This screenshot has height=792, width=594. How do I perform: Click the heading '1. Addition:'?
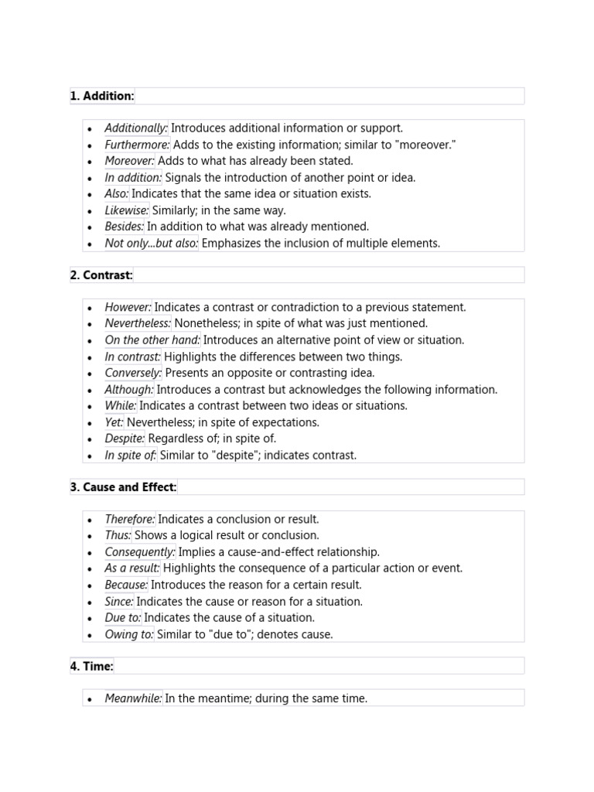click(102, 96)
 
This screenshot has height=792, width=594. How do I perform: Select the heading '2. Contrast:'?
click(101, 275)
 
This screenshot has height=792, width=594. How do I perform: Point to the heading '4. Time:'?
click(92, 665)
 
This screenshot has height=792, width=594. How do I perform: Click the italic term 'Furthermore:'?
click(138, 145)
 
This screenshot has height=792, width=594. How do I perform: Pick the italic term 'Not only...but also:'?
click(152, 243)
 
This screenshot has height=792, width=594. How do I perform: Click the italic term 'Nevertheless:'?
click(138, 323)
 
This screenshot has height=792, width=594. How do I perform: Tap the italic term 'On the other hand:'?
click(152, 340)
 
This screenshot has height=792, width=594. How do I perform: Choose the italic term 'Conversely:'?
click(133, 373)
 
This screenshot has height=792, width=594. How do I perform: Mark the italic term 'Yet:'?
click(114, 422)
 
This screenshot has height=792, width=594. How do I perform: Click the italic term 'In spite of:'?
click(131, 455)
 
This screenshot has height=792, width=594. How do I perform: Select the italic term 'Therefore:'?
click(130, 519)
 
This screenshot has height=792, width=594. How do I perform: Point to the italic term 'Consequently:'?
click(140, 551)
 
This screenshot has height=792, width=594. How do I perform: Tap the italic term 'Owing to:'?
click(129, 634)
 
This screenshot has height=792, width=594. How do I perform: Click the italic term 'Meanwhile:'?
click(134, 698)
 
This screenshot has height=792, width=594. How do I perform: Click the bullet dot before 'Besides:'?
click(90, 227)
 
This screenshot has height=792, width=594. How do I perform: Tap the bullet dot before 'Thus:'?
click(90, 536)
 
